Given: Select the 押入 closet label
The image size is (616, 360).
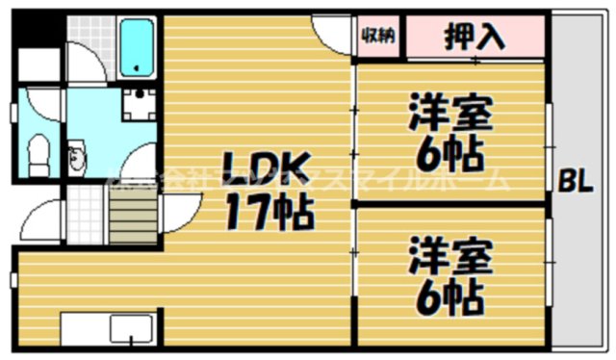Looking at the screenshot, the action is tap(475, 38).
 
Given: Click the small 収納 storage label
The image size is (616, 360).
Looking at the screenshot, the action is tap(377, 36).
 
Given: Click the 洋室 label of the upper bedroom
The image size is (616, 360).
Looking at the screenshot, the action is tap(450, 114).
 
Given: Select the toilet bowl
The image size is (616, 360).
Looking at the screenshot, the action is tap(39, 154).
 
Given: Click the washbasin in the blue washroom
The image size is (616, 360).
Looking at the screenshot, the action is tap(76, 158).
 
